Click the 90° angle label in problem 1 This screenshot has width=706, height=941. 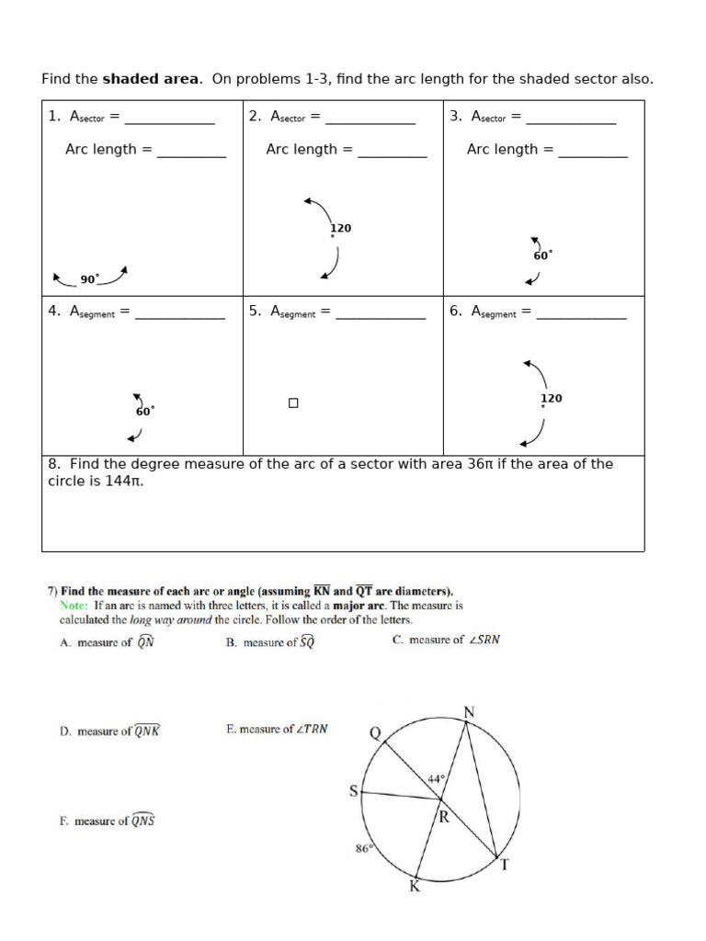89,278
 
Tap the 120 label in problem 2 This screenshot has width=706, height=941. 341,228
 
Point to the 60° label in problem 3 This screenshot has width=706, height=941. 542,255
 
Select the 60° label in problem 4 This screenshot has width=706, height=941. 145,411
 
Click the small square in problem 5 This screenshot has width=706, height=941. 293,402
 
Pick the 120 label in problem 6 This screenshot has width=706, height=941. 552,398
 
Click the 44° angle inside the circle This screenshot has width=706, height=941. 436,778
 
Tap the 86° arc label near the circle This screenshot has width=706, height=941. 364,848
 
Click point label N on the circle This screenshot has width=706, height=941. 469,712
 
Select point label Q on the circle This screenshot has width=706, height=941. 374,732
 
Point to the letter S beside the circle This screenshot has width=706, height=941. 353,790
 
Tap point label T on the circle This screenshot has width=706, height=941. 503,864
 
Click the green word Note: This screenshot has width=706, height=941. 74,606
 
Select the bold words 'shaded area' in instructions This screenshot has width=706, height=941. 150,79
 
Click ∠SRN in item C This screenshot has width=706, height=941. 484,640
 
